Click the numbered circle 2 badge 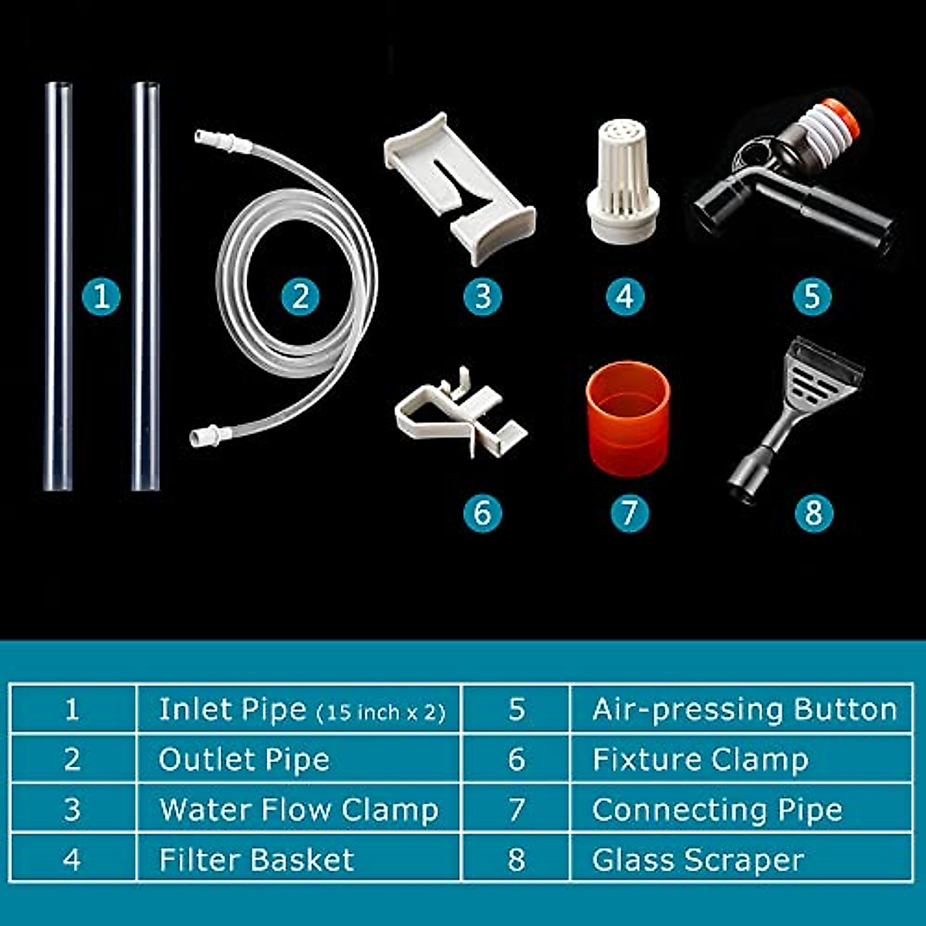tap(300, 296)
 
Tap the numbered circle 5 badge tap(812, 296)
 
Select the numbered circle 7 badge tap(628, 512)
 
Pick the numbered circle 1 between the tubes tap(101, 296)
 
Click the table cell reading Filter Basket tap(256, 860)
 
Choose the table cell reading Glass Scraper tap(698, 860)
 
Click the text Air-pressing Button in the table tap(744, 709)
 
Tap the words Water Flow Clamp tap(299, 809)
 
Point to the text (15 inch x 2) tap(381, 712)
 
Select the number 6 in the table tap(516, 759)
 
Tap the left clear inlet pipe tap(58, 286)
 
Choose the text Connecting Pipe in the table tap(717, 809)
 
